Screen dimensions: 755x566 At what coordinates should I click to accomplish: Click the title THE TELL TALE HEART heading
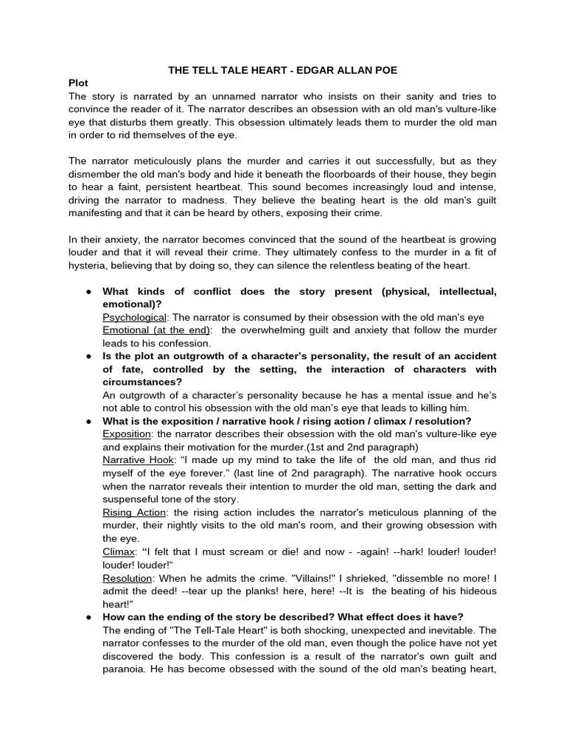point(283,70)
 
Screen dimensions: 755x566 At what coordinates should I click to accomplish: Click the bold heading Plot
point(80,83)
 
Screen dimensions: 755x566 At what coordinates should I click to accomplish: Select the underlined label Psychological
point(134,316)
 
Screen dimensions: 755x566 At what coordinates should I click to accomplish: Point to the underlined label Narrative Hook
point(138,459)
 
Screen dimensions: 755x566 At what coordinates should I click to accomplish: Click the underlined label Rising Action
point(134,512)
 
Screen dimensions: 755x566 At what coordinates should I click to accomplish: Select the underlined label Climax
point(119,552)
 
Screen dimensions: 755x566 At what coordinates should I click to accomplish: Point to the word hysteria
point(89,265)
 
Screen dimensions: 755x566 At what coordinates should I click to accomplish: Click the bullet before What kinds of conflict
point(88,292)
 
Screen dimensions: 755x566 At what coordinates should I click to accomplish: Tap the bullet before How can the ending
point(88,617)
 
